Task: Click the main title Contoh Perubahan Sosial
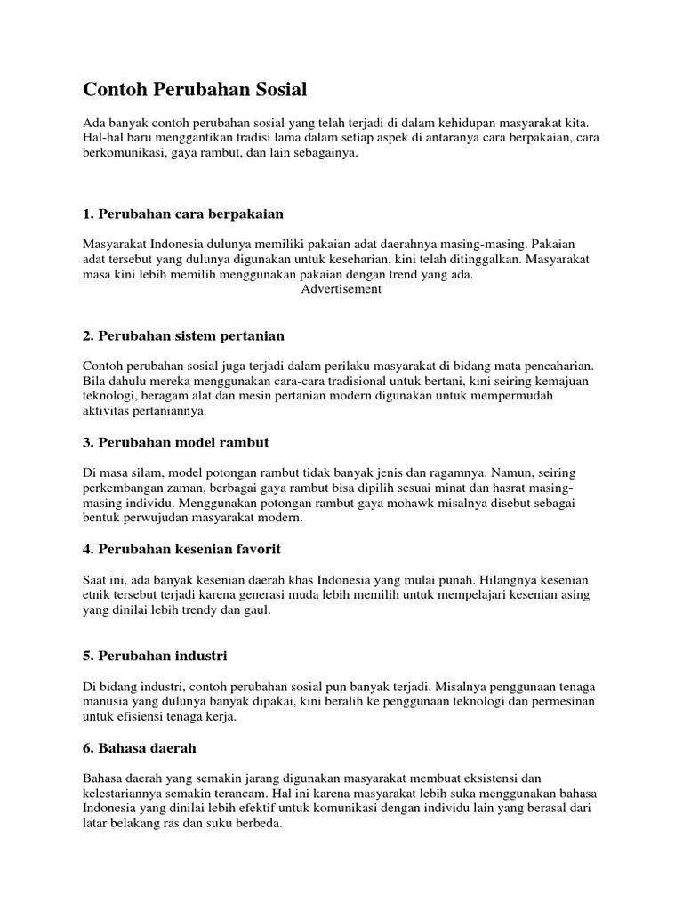click(x=195, y=89)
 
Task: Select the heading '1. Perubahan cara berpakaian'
click(x=183, y=214)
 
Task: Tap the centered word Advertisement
click(x=341, y=289)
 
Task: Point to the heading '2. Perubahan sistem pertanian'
click(x=183, y=335)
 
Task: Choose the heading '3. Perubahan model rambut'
click(x=175, y=442)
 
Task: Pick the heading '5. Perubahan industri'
click(x=155, y=656)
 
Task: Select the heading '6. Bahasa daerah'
click(x=140, y=748)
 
